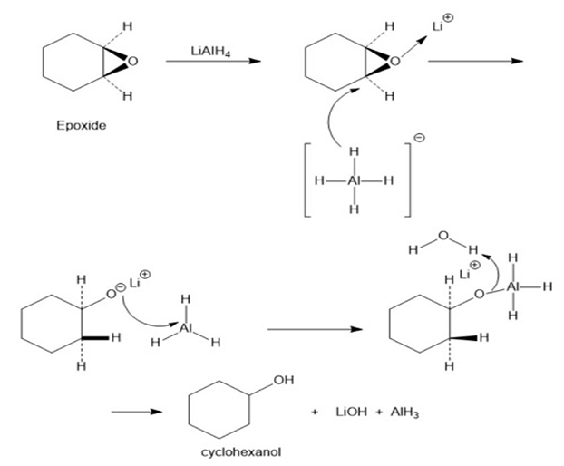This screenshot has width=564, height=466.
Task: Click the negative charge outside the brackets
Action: coord(418,139)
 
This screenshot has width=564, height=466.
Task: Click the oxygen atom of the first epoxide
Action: coord(132,62)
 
